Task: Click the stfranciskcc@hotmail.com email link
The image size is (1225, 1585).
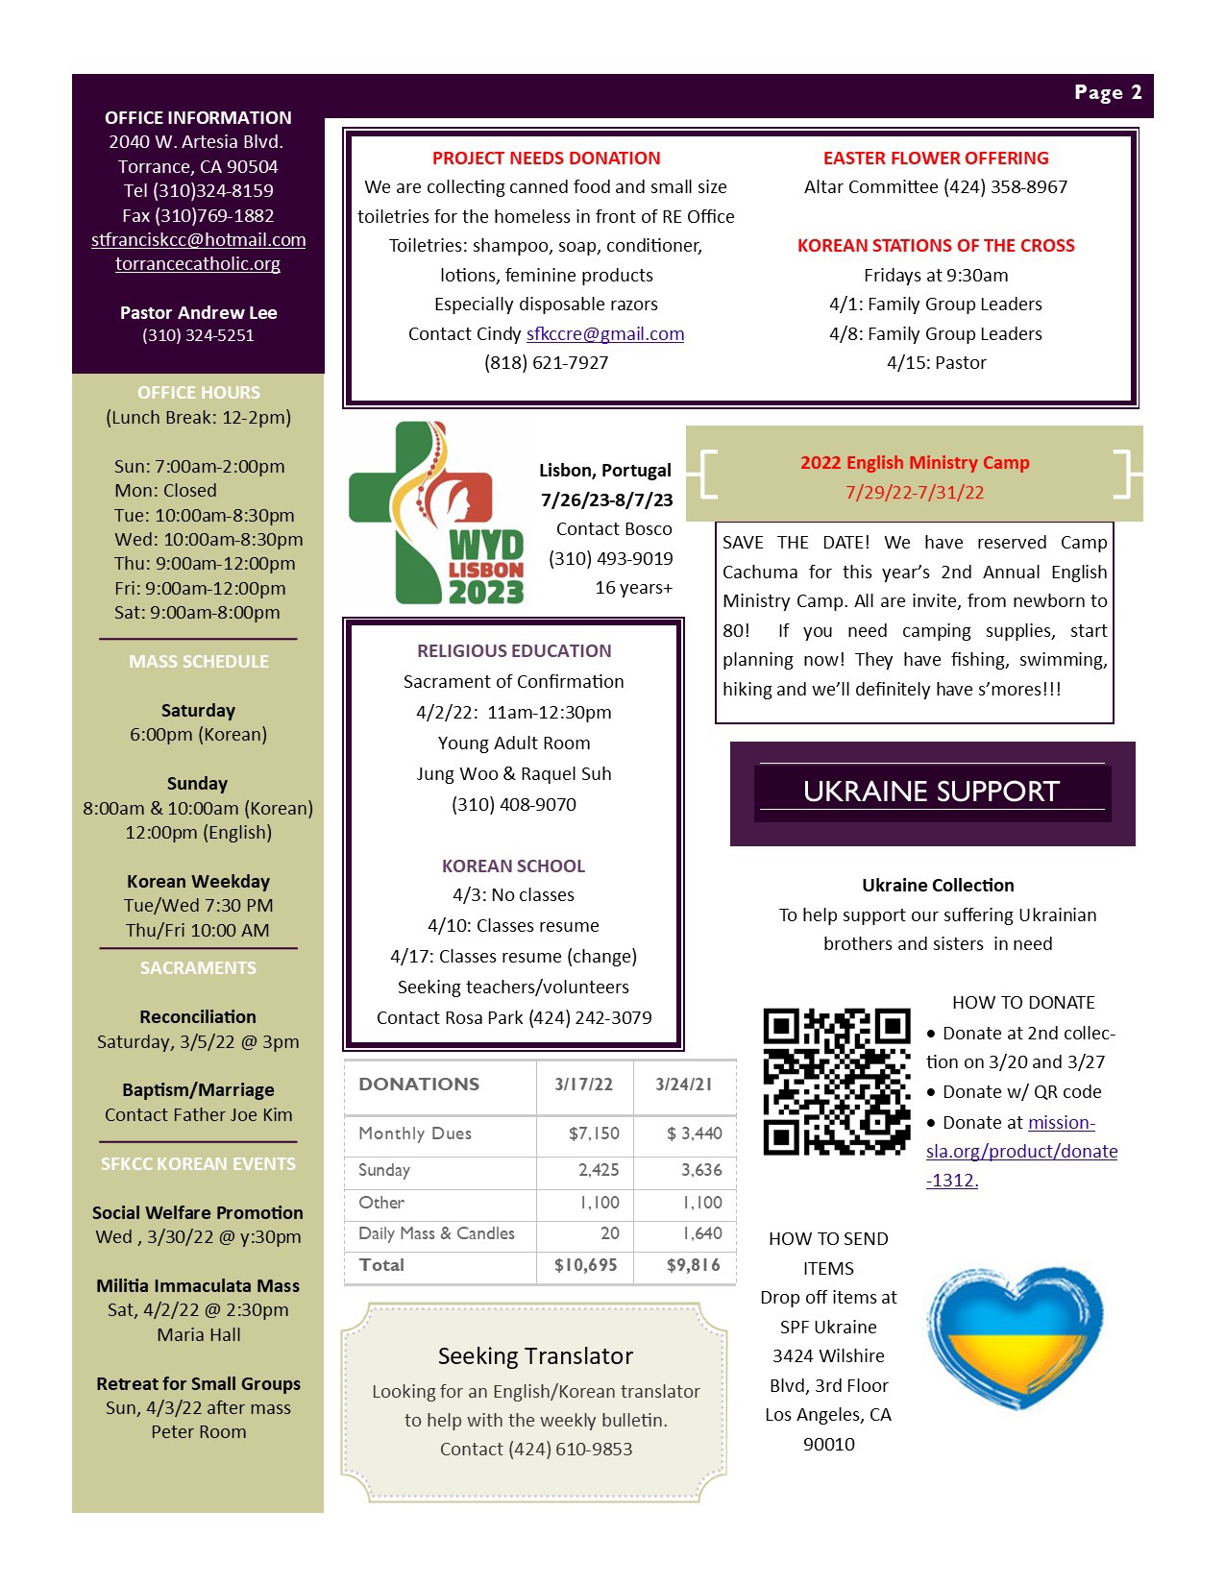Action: click(x=199, y=240)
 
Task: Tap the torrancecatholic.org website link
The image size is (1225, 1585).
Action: click(x=198, y=264)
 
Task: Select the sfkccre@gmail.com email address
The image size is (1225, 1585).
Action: click(x=605, y=334)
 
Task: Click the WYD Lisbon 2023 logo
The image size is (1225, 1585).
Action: click(x=437, y=513)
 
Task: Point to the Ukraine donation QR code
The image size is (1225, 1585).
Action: click(x=836, y=1081)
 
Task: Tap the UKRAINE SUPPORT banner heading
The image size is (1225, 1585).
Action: click(x=931, y=792)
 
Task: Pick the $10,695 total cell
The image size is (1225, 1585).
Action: click(x=585, y=1265)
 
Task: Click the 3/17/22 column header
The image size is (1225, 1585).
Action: click(x=583, y=1085)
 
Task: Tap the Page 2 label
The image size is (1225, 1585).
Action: click(x=1108, y=93)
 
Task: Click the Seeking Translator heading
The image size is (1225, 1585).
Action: click(x=535, y=1356)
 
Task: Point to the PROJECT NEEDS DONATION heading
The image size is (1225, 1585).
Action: click(x=546, y=158)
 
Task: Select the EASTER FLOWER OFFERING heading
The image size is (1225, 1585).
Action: click(x=936, y=158)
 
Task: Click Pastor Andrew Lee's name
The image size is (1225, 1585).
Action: click(x=198, y=313)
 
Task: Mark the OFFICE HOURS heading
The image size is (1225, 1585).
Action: click(x=198, y=393)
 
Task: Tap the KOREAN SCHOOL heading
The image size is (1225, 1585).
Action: click(x=513, y=866)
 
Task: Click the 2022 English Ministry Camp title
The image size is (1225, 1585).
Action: click(x=915, y=463)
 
